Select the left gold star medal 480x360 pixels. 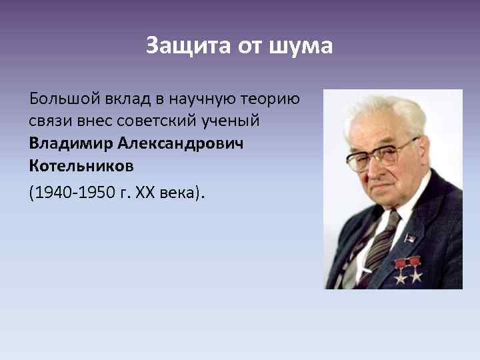pyautogui.click(x=401, y=269)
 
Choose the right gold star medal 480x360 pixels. pyautogui.click(x=415, y=269)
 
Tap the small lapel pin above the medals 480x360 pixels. pyautogui.click(x=409, y=239)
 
